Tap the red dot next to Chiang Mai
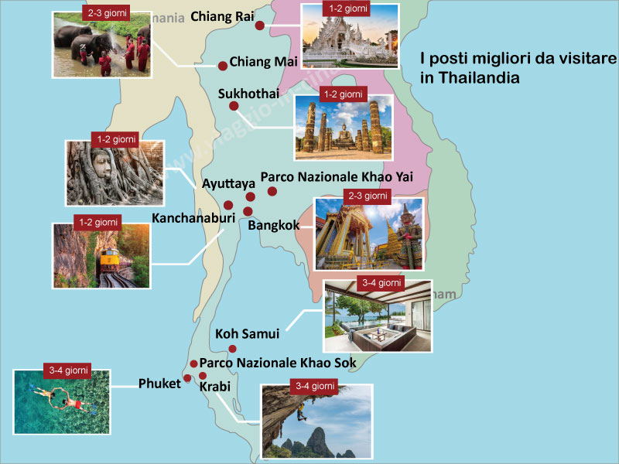tap(223, 66)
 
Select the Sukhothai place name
tap(248, 94)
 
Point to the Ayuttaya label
tap(228, 184)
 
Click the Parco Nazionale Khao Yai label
tap(337, 177)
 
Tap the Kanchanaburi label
tap(193, 219)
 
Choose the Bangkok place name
tap(274, 226)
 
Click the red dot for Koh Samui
tap(232, 349)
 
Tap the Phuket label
tap(159, 384)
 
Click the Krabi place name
tap(214, 386)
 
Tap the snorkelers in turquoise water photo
tap(61, 401)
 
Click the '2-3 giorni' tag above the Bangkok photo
tap(367, 196)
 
